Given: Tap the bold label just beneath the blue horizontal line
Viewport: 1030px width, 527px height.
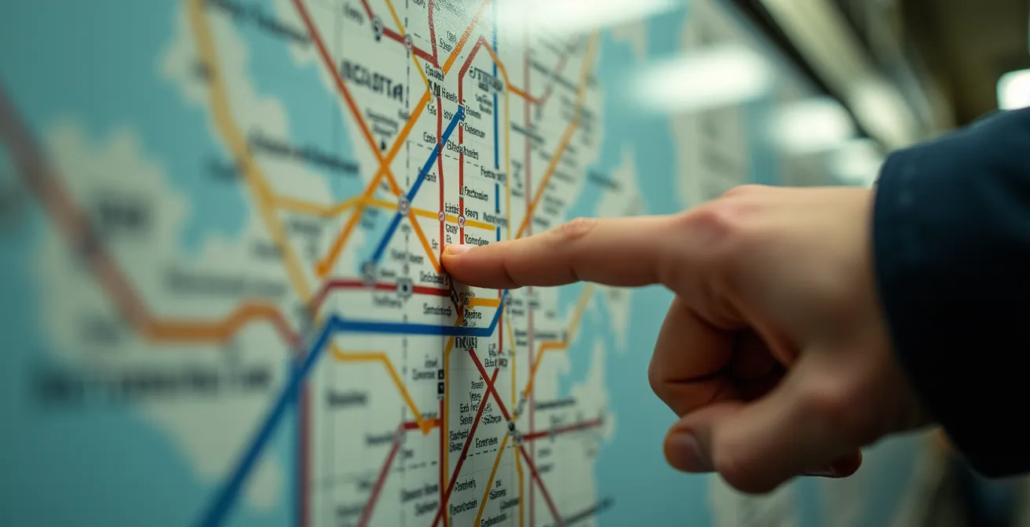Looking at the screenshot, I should (466, 343).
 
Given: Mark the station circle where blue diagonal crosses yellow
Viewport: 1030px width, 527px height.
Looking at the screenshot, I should (404, 205).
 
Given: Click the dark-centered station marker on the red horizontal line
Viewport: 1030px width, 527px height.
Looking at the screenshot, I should (405, 288).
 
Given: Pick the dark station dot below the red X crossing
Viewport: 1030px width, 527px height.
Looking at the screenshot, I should (512, 427).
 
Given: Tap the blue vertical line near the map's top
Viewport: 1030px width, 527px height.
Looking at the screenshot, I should (495, 133).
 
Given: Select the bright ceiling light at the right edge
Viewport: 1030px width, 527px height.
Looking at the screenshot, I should (1014, 89).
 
